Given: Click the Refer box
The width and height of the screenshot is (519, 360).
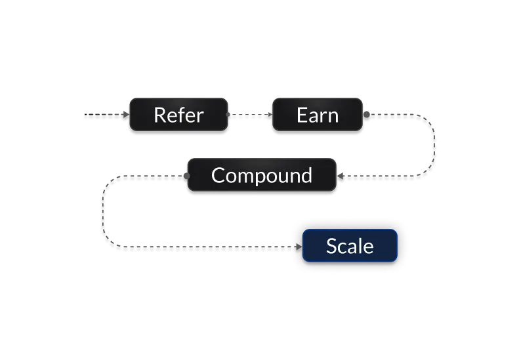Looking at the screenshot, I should (x=178, y=115).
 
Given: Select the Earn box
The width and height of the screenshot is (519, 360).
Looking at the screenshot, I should (x=318, y=115).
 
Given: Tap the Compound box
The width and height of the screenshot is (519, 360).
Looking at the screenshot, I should (x=262, y=176).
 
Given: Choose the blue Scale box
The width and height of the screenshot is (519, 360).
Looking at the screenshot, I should (x=350, y=246).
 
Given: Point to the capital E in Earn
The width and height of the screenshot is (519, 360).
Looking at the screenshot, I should (x=302, y=115).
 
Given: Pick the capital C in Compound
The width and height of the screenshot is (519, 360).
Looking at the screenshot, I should (x=218, y=176).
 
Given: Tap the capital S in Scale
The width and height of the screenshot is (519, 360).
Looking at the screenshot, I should (x=332, y=246).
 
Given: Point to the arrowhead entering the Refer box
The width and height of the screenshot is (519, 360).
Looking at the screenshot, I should (x=127, y=115).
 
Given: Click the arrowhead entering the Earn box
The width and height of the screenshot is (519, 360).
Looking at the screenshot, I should (x=268, y=115).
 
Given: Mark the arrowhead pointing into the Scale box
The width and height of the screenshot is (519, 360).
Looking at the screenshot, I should (x=299, y=248).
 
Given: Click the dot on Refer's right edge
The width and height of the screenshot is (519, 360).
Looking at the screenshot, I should (x=228, y=115).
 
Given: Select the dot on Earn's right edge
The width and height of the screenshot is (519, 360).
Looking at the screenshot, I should (x=365, y=115).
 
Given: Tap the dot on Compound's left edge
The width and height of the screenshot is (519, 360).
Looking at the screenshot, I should (x=186, y=176).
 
